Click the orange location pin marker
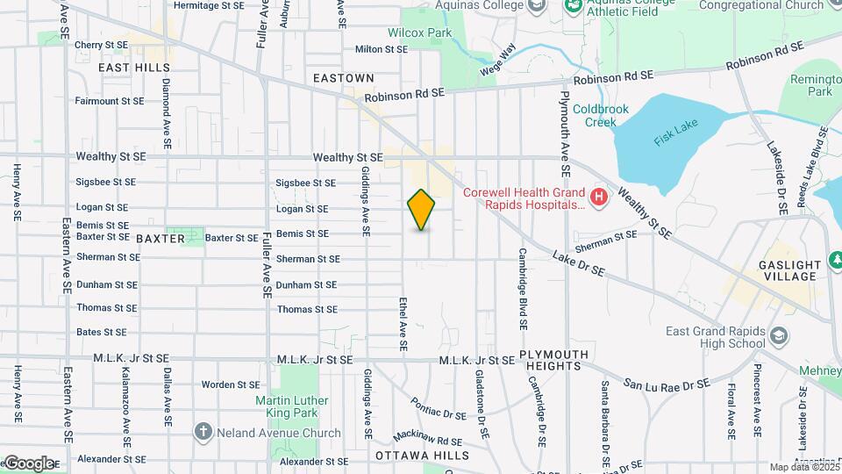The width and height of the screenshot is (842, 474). point(422,209)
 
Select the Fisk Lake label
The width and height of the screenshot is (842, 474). point(673,138)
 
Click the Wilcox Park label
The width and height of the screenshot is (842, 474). point(425,32)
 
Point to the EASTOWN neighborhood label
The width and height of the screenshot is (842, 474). point(344,78)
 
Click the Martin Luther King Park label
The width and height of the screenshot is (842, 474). point(292,406)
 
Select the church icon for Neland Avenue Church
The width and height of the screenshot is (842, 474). point(203,432)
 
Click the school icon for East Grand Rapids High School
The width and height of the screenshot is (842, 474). point(777,336)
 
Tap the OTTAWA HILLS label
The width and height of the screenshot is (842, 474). point(422,456)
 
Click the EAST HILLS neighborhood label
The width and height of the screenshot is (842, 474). point(133,67)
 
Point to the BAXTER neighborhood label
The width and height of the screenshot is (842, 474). point(161,238)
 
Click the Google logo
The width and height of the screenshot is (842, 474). point(29,463)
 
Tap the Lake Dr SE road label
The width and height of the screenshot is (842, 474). point(579,264)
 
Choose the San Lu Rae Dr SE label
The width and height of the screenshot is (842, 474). point(667,384)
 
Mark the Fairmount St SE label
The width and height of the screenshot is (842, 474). point(109,101)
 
